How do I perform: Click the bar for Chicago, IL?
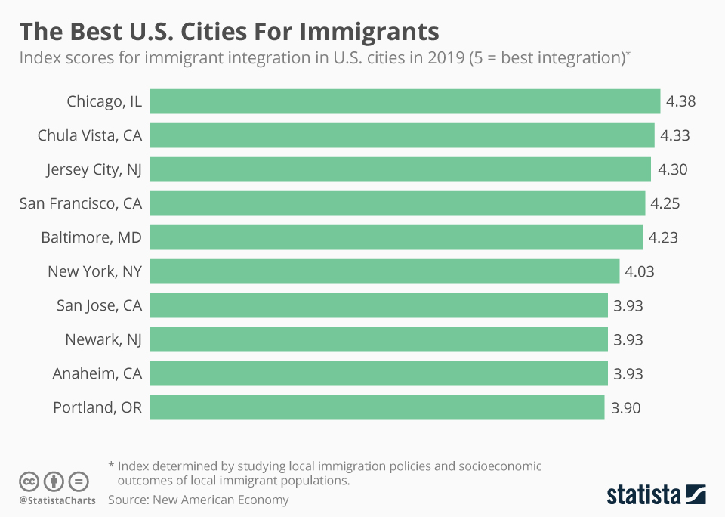coord(405,101)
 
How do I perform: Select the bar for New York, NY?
coord(384,271)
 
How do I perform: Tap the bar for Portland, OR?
coord(377,407)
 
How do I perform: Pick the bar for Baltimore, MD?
coord(396,237)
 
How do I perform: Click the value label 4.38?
coord(680,101)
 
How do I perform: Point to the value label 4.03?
coord(639,271)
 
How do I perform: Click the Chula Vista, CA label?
coord(90,135)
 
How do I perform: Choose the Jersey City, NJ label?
coord(94,169)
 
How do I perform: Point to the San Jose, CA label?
coord(99,305)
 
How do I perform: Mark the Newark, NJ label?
coord(103,339)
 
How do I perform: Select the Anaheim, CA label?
coord(97,373)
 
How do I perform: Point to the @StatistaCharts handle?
coord(57,500)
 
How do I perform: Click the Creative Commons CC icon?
coord(29,481)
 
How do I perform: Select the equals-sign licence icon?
coord(78,481)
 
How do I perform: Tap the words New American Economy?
coord(221,500)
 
